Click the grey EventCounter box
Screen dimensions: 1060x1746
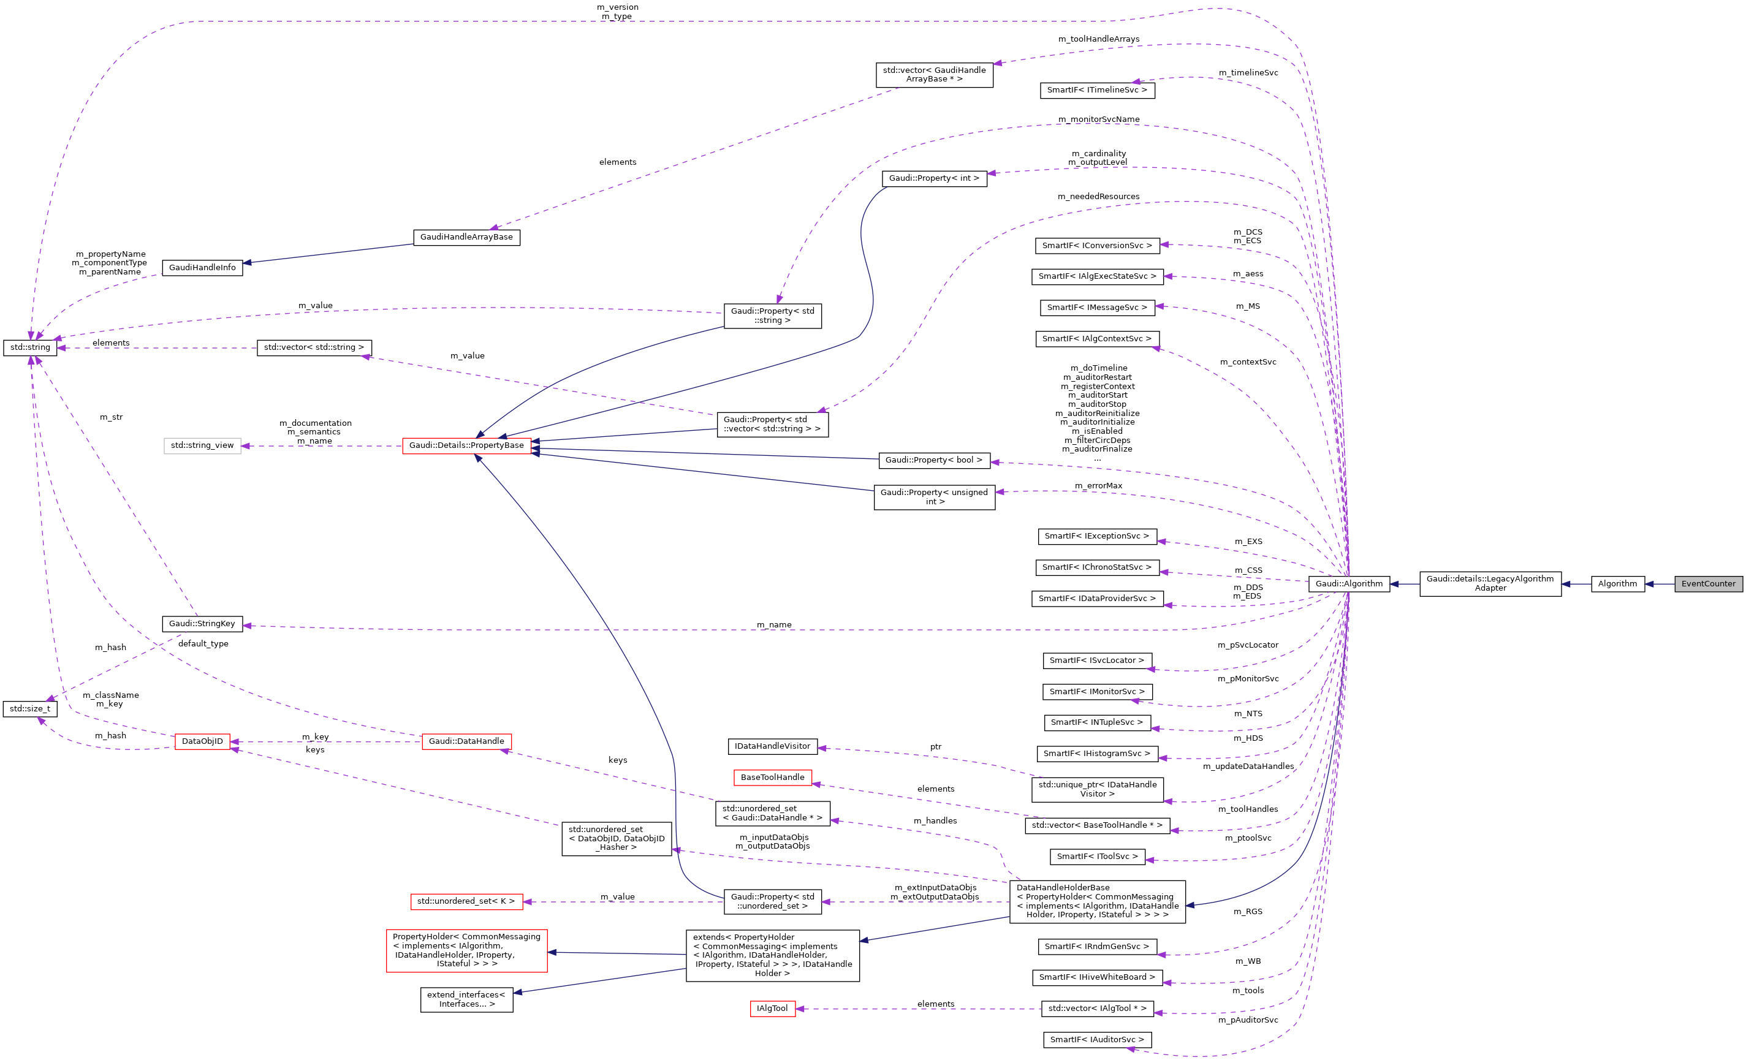pyautogui.click(x=1708, y=584)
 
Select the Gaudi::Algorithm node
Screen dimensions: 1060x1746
pyautogui.click(x=1348, y=584)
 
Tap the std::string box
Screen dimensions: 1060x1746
pyautogui.click(x=30, y=347)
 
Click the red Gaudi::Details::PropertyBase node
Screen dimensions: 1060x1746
pyautogui.click(x=466, y=445)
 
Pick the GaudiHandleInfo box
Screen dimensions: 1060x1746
pyautogui.click(x=202, y=267)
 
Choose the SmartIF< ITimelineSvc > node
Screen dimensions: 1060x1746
pyautogui.click(x=1096, y=90)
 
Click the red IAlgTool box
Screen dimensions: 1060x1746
pyautogui.click(x=772, y=1009)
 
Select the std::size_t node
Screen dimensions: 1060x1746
pyautogui.click(x=30, y=708)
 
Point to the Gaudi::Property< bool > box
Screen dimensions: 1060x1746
pyautogui.click(x=933, y=460)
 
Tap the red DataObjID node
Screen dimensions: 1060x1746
pyautogui.click(x=202, y=741)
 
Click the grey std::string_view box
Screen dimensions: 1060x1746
pyautogui.click(x=202, y=445)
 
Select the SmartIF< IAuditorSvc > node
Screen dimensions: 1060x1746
pyautogui.click(x=1096, y=1039)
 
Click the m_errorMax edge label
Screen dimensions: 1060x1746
pyautogui.click(x=1098, y=485)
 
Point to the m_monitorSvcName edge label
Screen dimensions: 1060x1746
pyautogui.click(x=1098, y=119)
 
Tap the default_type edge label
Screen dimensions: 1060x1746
pyautogui.click(x=203, y=643)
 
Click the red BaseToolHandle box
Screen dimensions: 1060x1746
pyautogui.click(x=772, y=778)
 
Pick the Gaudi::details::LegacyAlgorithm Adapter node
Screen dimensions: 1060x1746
pyautogui.click(x=1489, y=583)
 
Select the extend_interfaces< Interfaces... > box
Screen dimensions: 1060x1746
pyautogui.click(x=466, y=999)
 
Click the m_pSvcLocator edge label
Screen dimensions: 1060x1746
pyautogui.click(x=1247, y=645)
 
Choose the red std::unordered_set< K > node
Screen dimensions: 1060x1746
pyautogui.click(x=466, y=901)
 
